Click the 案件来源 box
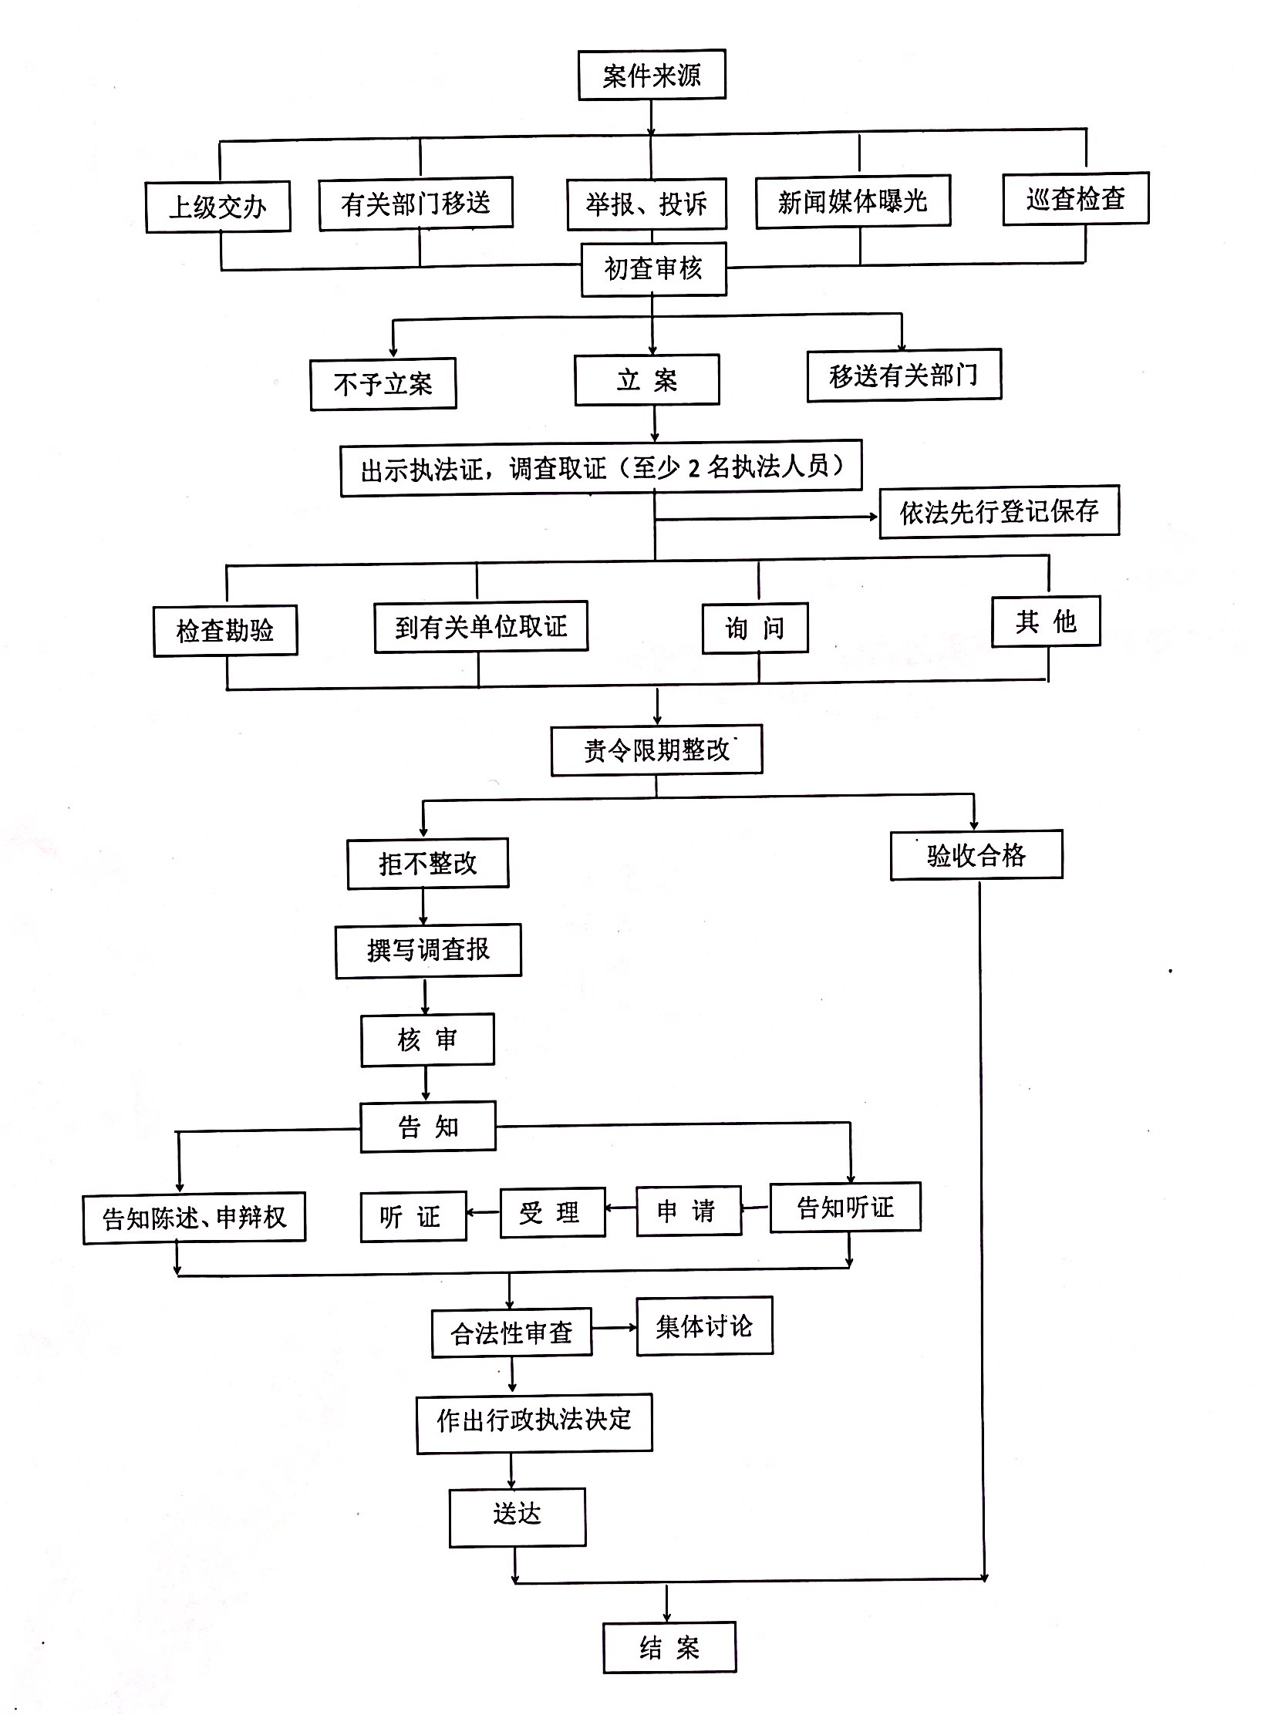pos(652,76)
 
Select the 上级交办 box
pos(217,207)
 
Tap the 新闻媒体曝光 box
pos(852,201)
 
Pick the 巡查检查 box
pos(1075,199)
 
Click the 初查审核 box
pos(653,269)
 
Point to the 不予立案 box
pos(383,383)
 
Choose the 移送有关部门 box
pos(904,376)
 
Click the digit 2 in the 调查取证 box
pos(693,467)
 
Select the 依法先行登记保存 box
pos(999,511)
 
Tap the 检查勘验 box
pos(224,630)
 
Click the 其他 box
pos(1045,621)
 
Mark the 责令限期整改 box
pos(656,750)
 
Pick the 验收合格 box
pos(976,854)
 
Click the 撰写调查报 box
pos(428,950)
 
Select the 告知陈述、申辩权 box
pos(194,1217)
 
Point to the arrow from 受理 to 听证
pos(483,1212)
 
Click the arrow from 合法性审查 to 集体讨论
pos(614,1328)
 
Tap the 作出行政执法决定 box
pos(534,1420)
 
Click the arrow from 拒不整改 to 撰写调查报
pos(423,906)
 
